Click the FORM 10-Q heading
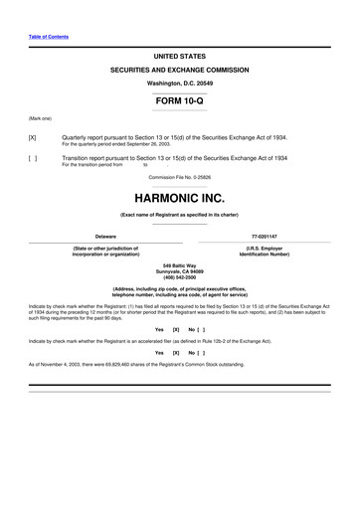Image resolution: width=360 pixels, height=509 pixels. pyautogui.click(x=180, y=101)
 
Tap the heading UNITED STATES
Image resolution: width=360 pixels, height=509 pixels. pyautogui.click(x=180, y=57)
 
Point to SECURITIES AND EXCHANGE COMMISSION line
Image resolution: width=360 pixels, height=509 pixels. pyautogui.click(x=180, y=72)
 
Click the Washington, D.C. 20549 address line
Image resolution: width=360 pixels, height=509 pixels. pyautogui.click(x=180, y=85)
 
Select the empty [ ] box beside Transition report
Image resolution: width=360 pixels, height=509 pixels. pyautogui.click(x=34, y=158)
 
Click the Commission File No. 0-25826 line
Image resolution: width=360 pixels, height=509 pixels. pyautogui.click(x=180, y=177)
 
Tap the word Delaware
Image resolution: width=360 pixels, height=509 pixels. pyautogui.click(x=105, y=236)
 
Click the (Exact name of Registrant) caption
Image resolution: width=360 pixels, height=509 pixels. pyautogui.click(x=180, y=214)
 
